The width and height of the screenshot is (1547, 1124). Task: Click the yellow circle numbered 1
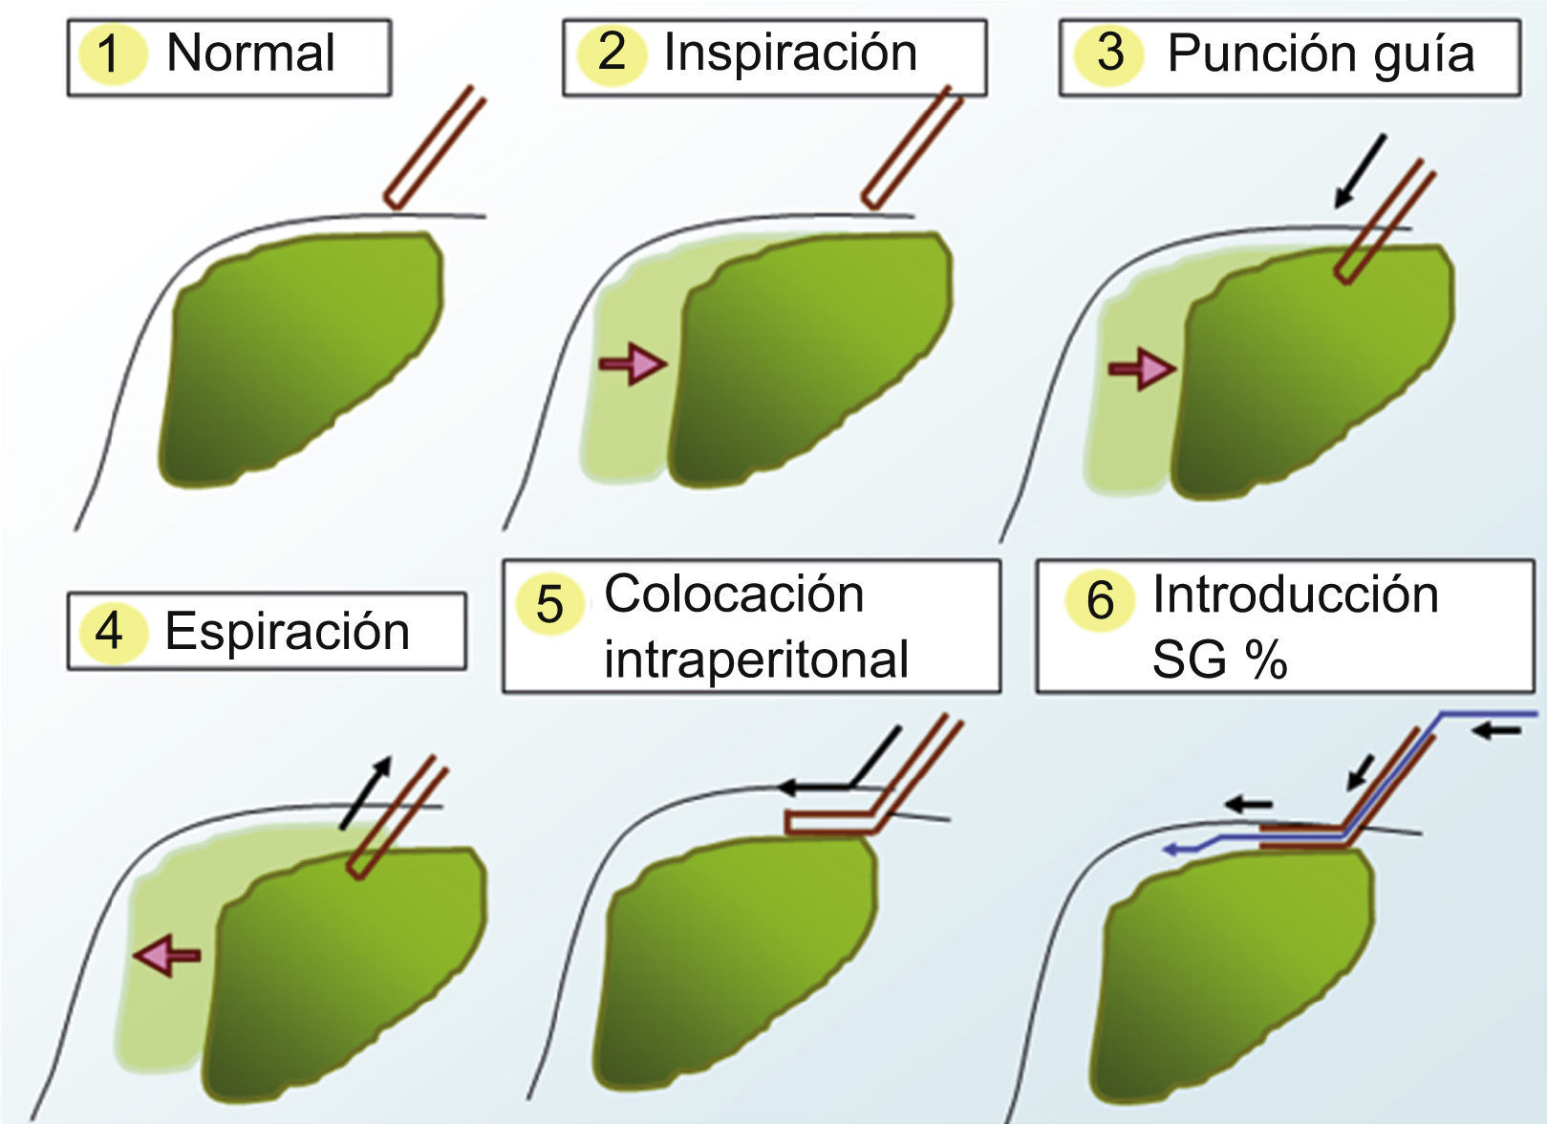point(110,54)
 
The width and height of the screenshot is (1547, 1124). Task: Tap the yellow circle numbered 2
point(612,52)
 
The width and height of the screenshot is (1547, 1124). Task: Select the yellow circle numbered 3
point(1108,52)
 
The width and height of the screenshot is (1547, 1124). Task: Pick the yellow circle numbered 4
point(110,632)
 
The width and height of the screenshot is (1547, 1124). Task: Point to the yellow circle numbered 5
point(549,604)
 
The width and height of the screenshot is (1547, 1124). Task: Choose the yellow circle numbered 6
point(1100,600)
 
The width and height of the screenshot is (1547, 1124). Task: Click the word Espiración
point(287,632)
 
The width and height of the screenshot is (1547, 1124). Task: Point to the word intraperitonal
point(756,659)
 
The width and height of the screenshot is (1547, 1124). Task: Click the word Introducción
point(1295,594)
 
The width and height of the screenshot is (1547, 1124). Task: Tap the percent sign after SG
point(1265,659)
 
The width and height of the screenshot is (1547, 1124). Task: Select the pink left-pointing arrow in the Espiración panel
point(167,954)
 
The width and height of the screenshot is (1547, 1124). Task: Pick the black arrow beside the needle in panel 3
point(1360,172)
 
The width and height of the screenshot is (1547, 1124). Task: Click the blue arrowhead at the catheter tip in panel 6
point(1170,848)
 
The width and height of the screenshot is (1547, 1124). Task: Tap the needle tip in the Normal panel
point(392,201)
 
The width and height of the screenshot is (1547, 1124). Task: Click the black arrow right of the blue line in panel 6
point(1497,731)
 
